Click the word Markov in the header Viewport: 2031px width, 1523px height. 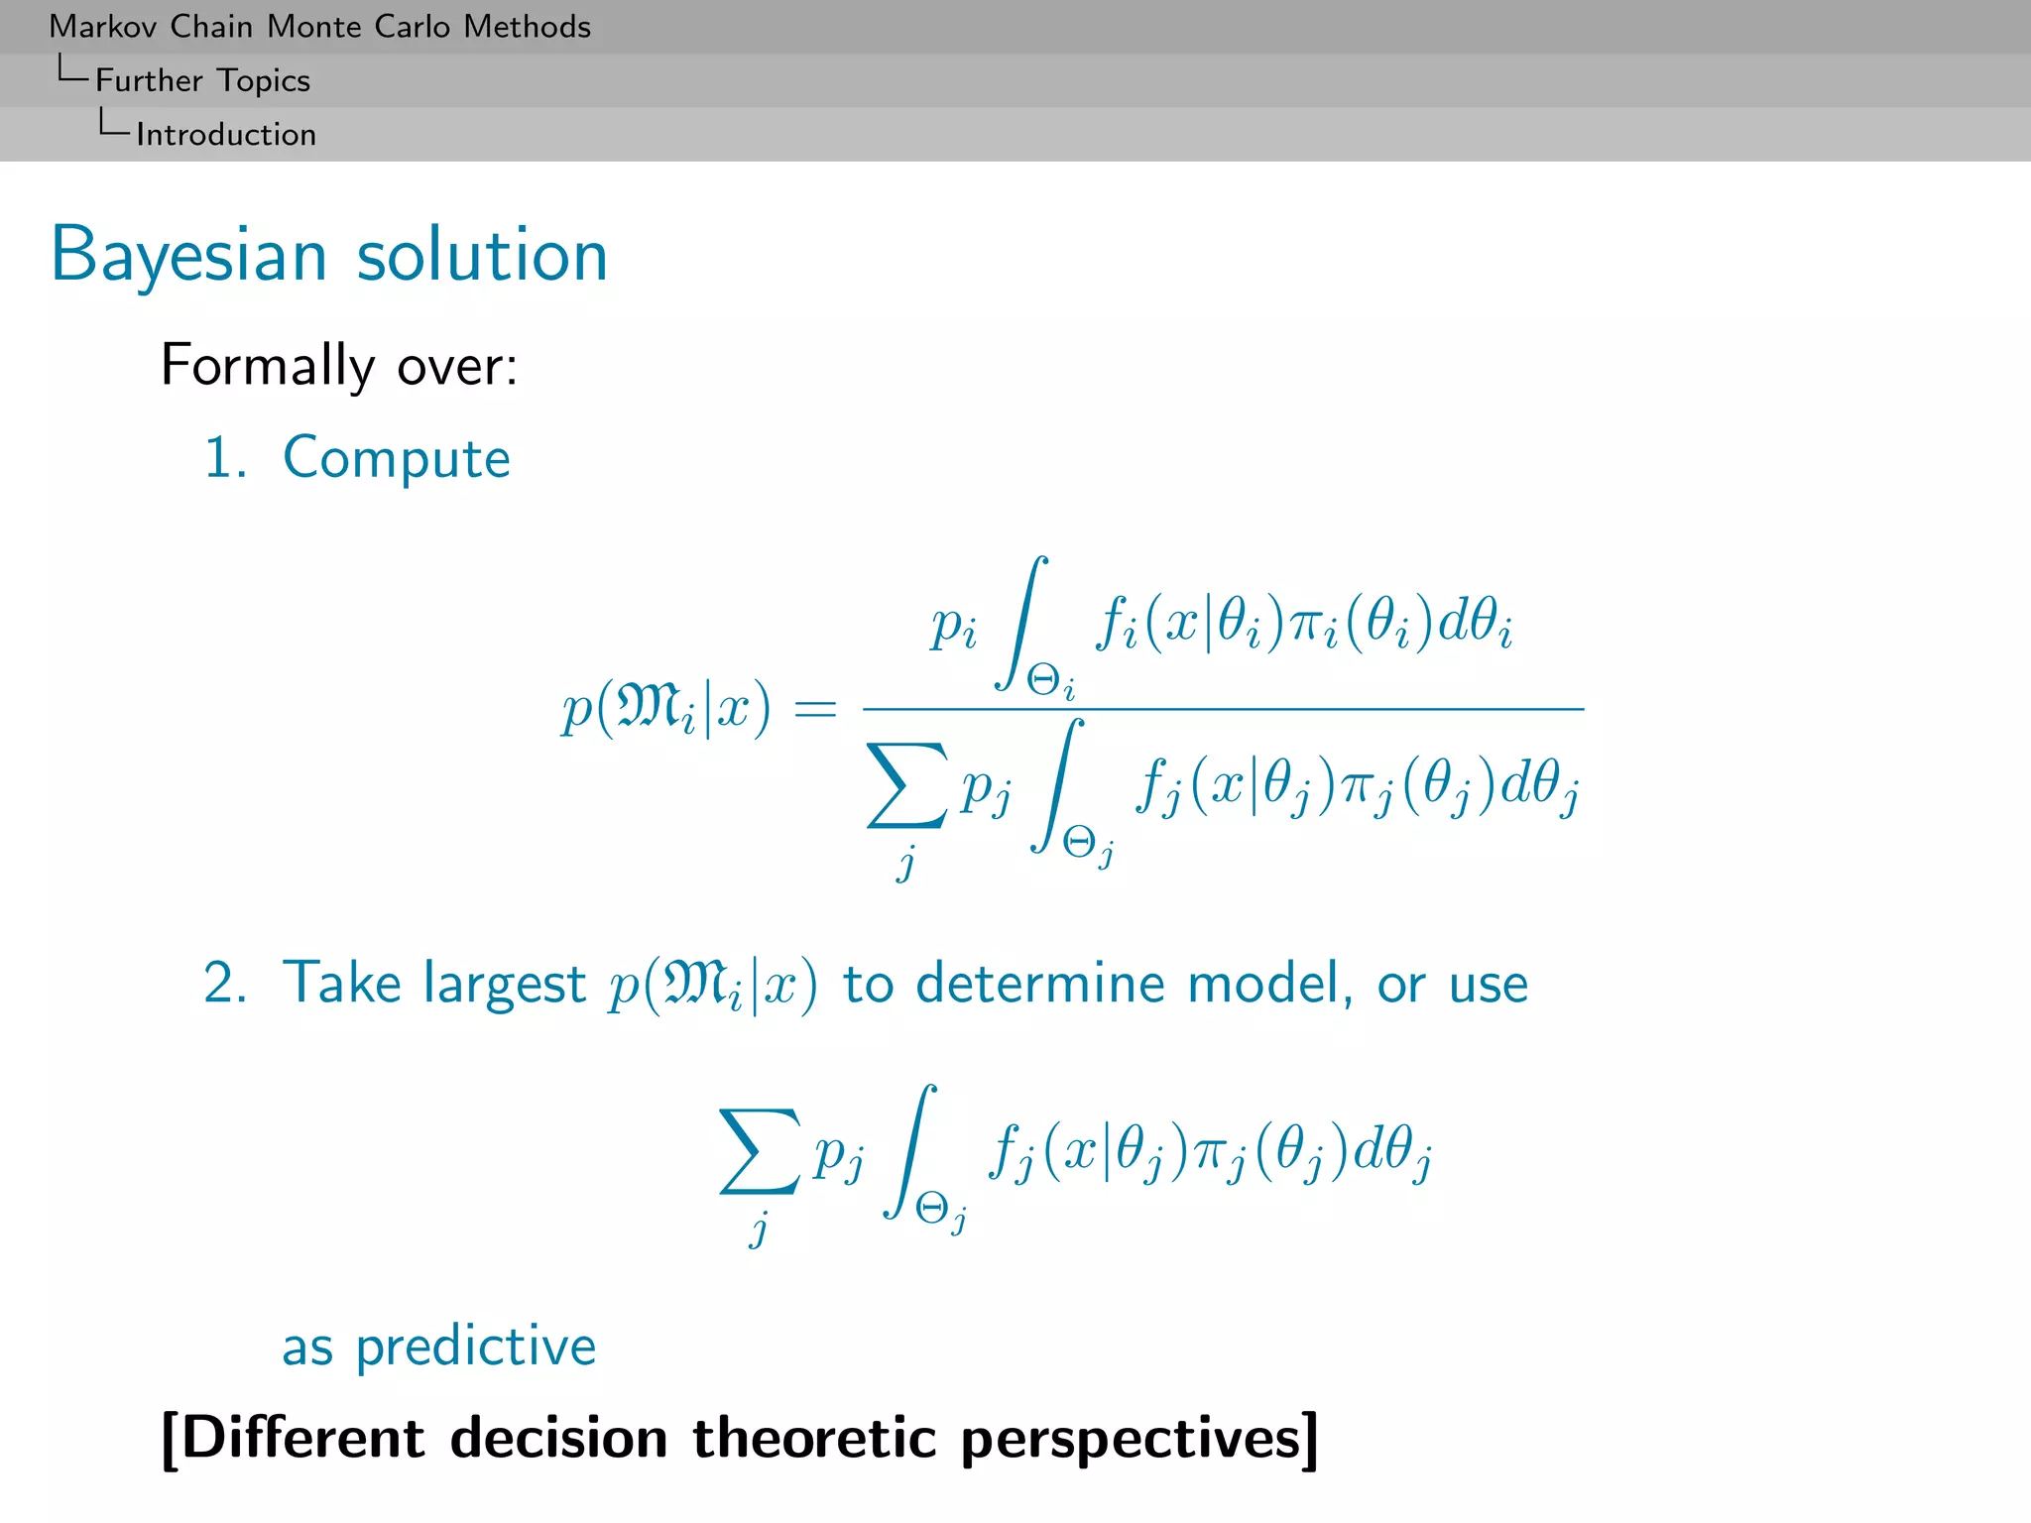pos(104,27)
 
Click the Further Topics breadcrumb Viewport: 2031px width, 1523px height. pos(202,80)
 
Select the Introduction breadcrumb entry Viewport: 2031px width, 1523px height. pos(226,135)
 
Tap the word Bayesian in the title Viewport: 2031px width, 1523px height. pos(188,256)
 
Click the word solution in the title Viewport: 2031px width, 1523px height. pos(482,256)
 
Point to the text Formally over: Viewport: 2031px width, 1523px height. pos(338,366)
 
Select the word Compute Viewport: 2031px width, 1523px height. pos(396,458)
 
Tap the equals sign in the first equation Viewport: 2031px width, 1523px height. pos(815,709)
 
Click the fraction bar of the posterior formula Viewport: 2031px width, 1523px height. pos(1222,709)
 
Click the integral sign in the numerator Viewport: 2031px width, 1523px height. pos(1022,623)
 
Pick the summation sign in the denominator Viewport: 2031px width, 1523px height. pos(905,785)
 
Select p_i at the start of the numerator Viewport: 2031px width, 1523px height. pos(953,627)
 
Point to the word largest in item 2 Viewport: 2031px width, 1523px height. pos(504,985)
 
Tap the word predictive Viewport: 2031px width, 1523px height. pos(476,1347)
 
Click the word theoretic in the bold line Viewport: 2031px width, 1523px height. pos(813,1438)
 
